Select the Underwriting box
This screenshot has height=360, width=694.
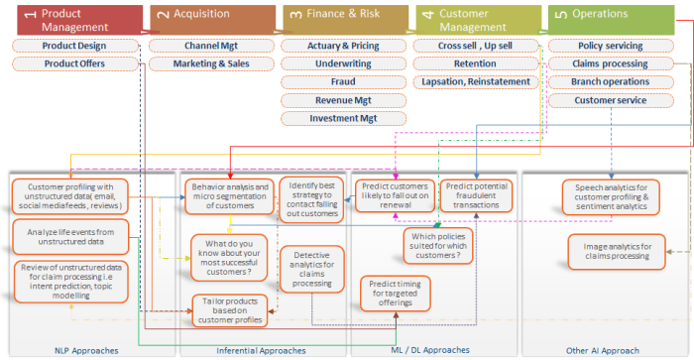tap(343, 63)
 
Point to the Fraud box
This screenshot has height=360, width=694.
tap(343, 81)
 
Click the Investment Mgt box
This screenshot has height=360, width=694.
tap(343, 118)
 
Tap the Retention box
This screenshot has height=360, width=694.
tap(476, 63)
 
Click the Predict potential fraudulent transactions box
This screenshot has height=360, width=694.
tap(478, 194)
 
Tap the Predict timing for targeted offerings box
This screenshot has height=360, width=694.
tap(397, 295)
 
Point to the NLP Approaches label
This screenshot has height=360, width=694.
tap(86, 350)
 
